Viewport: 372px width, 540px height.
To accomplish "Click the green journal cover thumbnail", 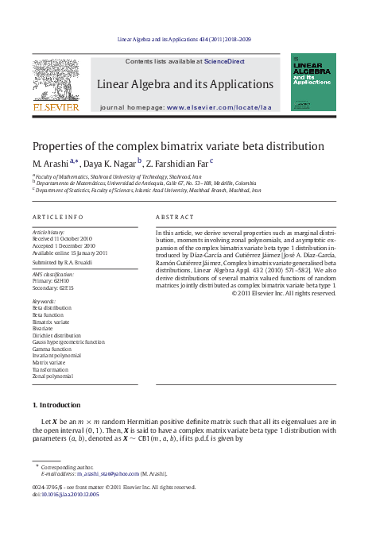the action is pyautogui.click(x=312, y=82).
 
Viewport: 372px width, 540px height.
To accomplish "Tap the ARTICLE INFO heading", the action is pyautogui.click(x=58, y=217).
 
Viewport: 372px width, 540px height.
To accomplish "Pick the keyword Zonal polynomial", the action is pyautogui.click(x=52, y=376).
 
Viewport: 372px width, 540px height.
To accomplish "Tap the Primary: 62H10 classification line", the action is pyautogui.click(x=52, y=280).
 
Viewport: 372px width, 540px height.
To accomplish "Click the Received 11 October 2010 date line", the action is pyautogui.click(x=62, y=238).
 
